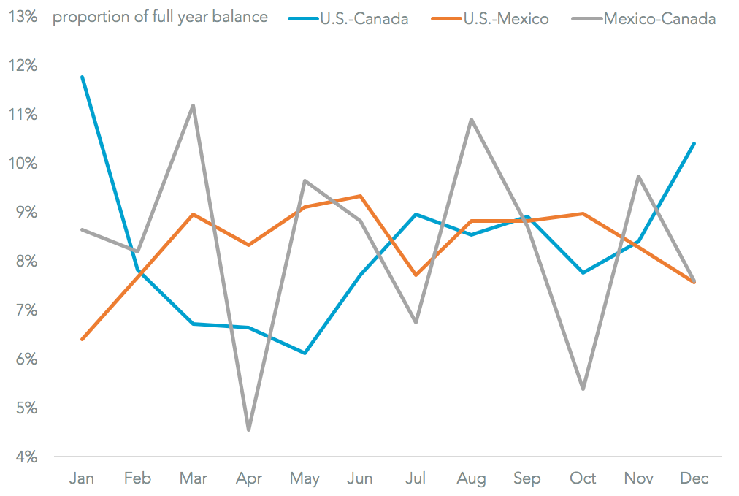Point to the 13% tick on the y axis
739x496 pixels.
tap(23, 17)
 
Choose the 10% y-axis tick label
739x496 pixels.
tap(23, 164)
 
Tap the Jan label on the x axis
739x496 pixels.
tap(81, 478)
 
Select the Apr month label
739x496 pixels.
tap(248, 478)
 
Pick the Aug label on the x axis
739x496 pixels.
tap(471, 478)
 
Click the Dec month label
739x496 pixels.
tap(694, 478)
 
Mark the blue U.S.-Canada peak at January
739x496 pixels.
tap(82, 77)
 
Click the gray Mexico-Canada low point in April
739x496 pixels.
tap(248, 430)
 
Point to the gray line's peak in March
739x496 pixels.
tap(193, 105)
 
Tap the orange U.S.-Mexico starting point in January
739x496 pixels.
tap(82, 339)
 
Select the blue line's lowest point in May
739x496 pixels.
tap(305, 353)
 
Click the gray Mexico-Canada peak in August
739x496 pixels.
tap(471, 119)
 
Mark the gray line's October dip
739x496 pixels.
tap(583, 389)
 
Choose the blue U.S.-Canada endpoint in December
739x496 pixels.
tap(694, 143)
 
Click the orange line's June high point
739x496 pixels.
tap(360, 196)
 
